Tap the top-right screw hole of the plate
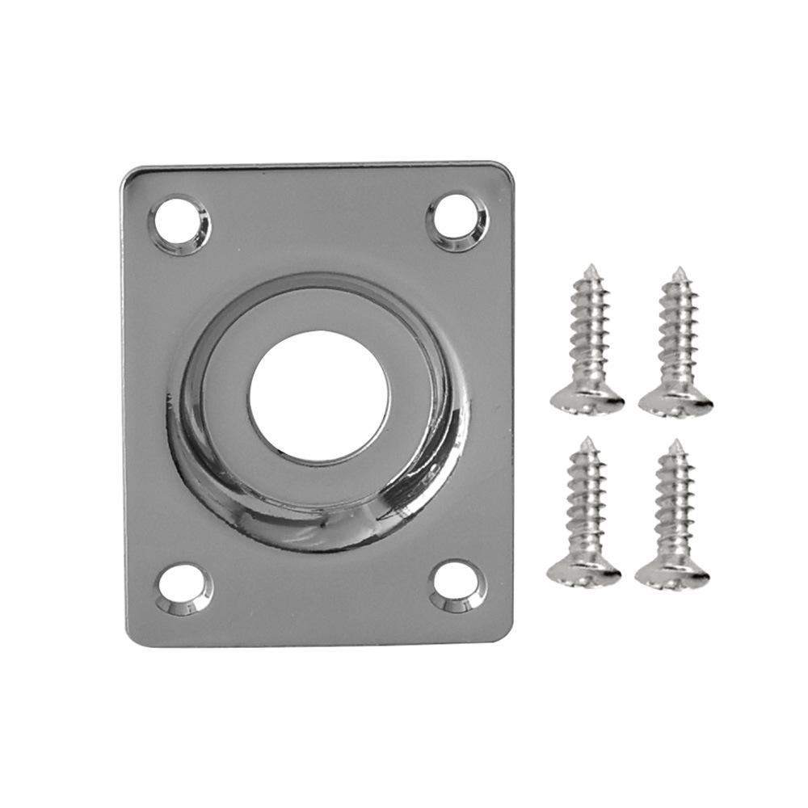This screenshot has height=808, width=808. click(x=457, y=221)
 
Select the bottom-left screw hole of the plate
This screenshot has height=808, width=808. click(x=184, y=588)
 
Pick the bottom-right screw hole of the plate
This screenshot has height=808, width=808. click(x=458, y=585)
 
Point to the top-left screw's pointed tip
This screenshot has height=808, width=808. click(x=591, y=267)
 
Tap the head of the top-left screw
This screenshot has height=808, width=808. click(x=587, y=399)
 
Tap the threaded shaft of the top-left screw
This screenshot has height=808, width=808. click(x=589, y=331)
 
